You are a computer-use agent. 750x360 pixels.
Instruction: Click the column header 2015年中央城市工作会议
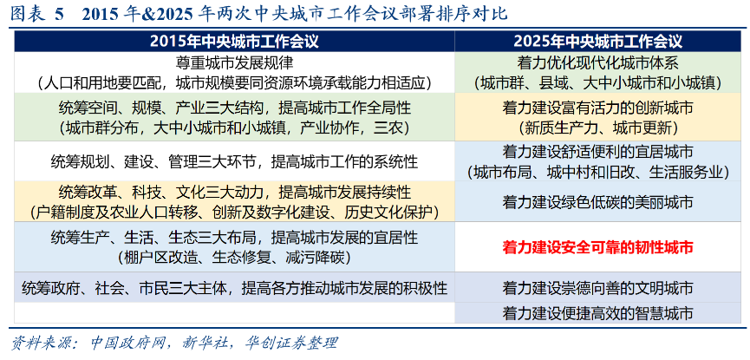(234, 42)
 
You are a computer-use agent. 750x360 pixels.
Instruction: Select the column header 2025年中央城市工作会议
(598, 42)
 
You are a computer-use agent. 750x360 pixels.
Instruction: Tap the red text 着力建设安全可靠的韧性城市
(598, 247)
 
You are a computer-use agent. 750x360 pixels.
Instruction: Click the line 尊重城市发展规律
(234, 62)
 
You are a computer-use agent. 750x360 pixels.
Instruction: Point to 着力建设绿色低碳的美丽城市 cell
(598, 202)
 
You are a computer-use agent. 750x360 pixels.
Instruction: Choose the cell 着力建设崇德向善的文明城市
(598, 288)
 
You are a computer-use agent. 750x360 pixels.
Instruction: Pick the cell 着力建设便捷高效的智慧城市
(598, 313)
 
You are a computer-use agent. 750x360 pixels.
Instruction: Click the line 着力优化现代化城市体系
(598, 62)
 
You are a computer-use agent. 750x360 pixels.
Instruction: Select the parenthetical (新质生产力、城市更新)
(598, 128)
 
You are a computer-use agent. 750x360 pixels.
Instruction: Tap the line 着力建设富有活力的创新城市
(598, 108)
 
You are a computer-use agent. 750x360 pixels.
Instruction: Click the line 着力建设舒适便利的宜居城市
(598, 152)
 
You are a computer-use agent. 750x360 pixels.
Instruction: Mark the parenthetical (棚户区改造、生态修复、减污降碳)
(234, 258)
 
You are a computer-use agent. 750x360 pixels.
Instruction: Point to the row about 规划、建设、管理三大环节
(234, 162)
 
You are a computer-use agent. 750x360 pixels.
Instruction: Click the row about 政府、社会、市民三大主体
(234, 288)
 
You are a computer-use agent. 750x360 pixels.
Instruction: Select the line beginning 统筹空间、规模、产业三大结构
(234, 108)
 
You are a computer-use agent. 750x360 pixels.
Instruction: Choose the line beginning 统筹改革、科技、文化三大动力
(234, 193)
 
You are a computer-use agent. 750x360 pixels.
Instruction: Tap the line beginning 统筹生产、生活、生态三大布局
(234, 237)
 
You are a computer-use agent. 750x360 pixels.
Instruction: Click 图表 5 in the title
(36, 14)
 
